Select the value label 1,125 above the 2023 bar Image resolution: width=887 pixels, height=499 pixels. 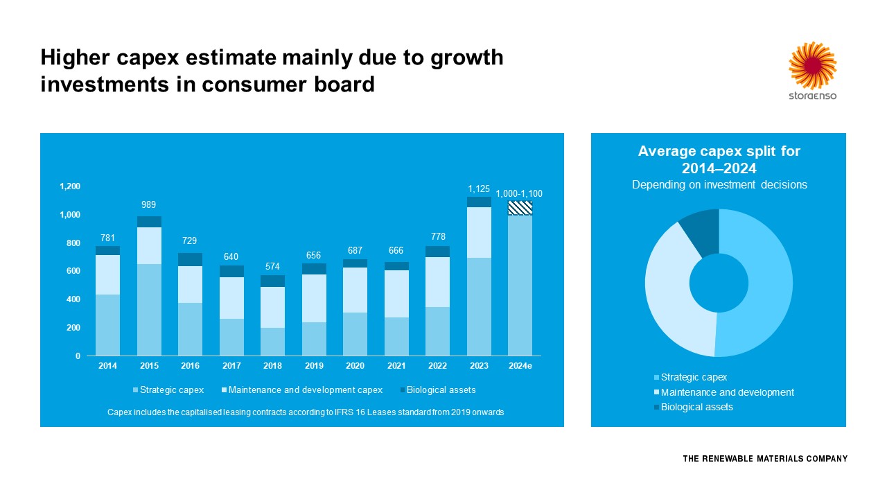(479, 189)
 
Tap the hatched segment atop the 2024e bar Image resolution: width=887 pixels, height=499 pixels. (520, 208)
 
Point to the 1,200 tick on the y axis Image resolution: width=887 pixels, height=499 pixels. (70, 186)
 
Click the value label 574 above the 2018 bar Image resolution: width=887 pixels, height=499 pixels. (273, 266)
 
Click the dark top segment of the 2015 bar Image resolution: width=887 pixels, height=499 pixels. (149, 222)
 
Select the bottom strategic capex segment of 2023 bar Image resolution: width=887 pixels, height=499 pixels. (479, 306)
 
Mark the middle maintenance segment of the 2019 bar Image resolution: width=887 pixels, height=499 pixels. (314, 298)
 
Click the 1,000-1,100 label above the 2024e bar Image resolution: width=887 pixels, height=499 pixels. (519, 194)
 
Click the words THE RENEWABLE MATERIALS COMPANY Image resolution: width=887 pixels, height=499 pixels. (765, 459)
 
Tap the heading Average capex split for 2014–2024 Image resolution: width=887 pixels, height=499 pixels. (719, 159)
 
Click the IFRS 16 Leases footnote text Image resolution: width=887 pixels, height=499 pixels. (306, 412)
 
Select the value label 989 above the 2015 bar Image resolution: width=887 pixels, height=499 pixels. (149, 205)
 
